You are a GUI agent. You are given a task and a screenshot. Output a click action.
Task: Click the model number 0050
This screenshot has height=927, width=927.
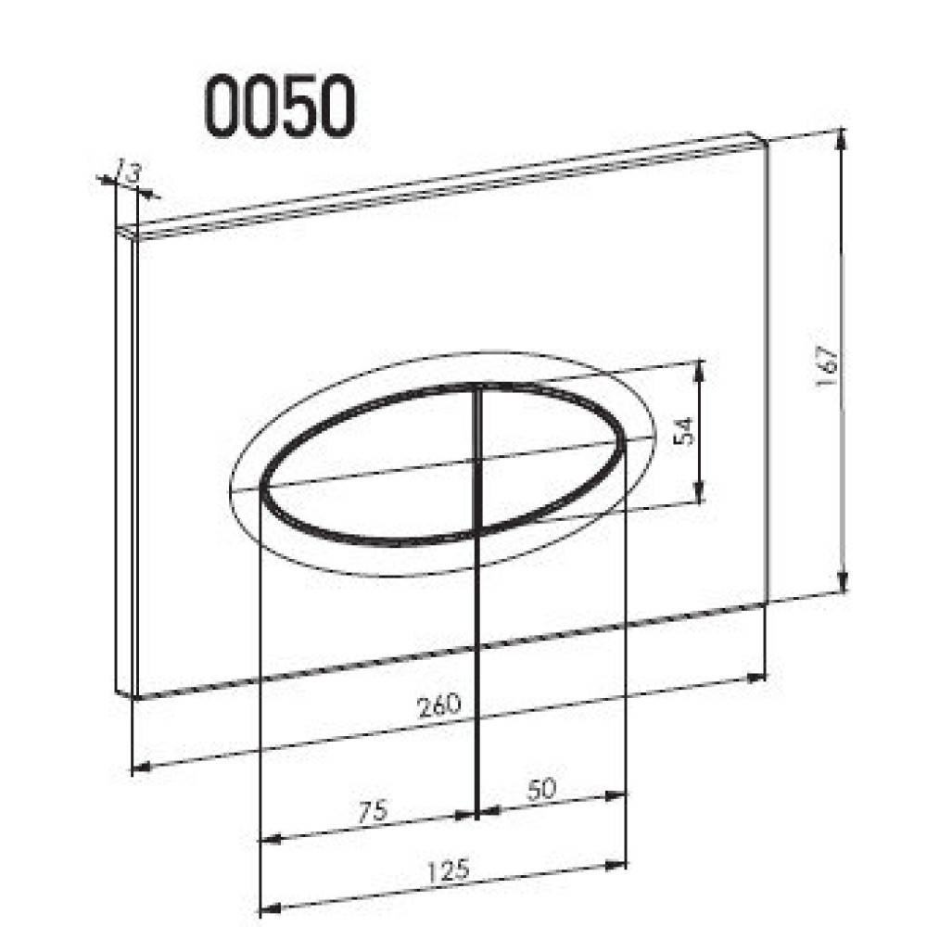pyautogui.click(x=280, y=108)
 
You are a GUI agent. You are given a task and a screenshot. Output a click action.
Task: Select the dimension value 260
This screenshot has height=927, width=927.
pyautogui.click(x=438, y=705)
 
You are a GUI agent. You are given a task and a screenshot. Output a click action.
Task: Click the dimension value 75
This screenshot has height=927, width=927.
pyautogui.click(x=373, y=812)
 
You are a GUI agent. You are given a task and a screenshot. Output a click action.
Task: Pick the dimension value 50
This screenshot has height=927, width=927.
pyautogui.click(x=541, y=789)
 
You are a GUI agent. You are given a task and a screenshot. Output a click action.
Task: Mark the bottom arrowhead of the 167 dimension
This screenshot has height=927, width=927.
pyautogui.click(x=843, y=580)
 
